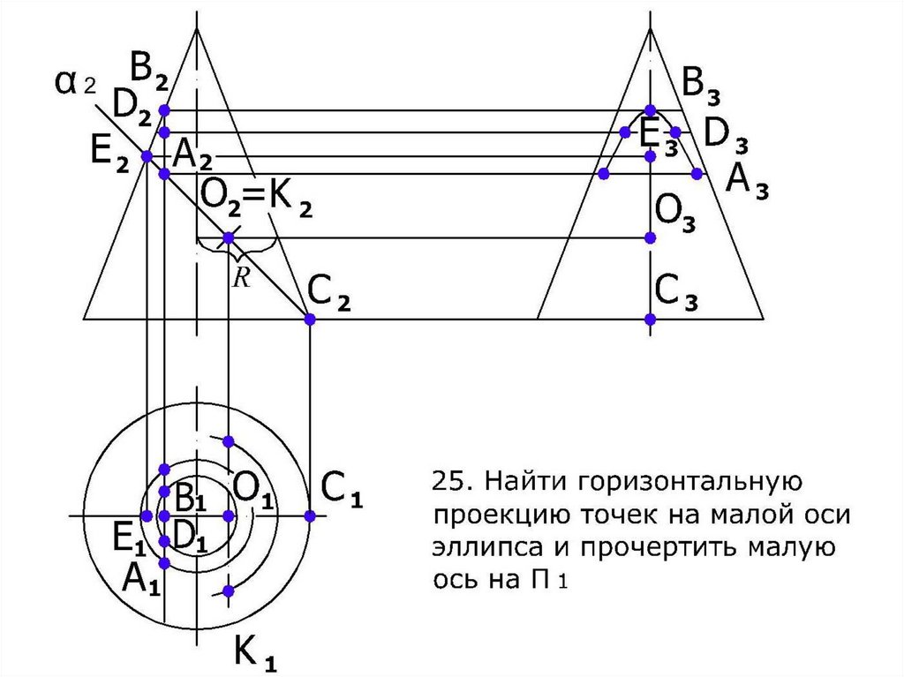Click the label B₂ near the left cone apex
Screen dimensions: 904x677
(x=150, y=67)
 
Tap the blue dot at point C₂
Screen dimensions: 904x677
(x=309, y=319)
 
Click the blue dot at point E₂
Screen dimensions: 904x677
(x=147, y=156)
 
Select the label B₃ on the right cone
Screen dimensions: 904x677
(x=704, y=87)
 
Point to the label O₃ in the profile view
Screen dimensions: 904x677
(x=676, y=212)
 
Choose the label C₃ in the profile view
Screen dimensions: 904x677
(x=676, y=291)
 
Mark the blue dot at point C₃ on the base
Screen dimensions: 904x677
(x=651, y=319)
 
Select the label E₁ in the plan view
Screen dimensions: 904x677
(x=129, y=536)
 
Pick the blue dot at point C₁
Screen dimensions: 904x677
(x=309, y=515)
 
